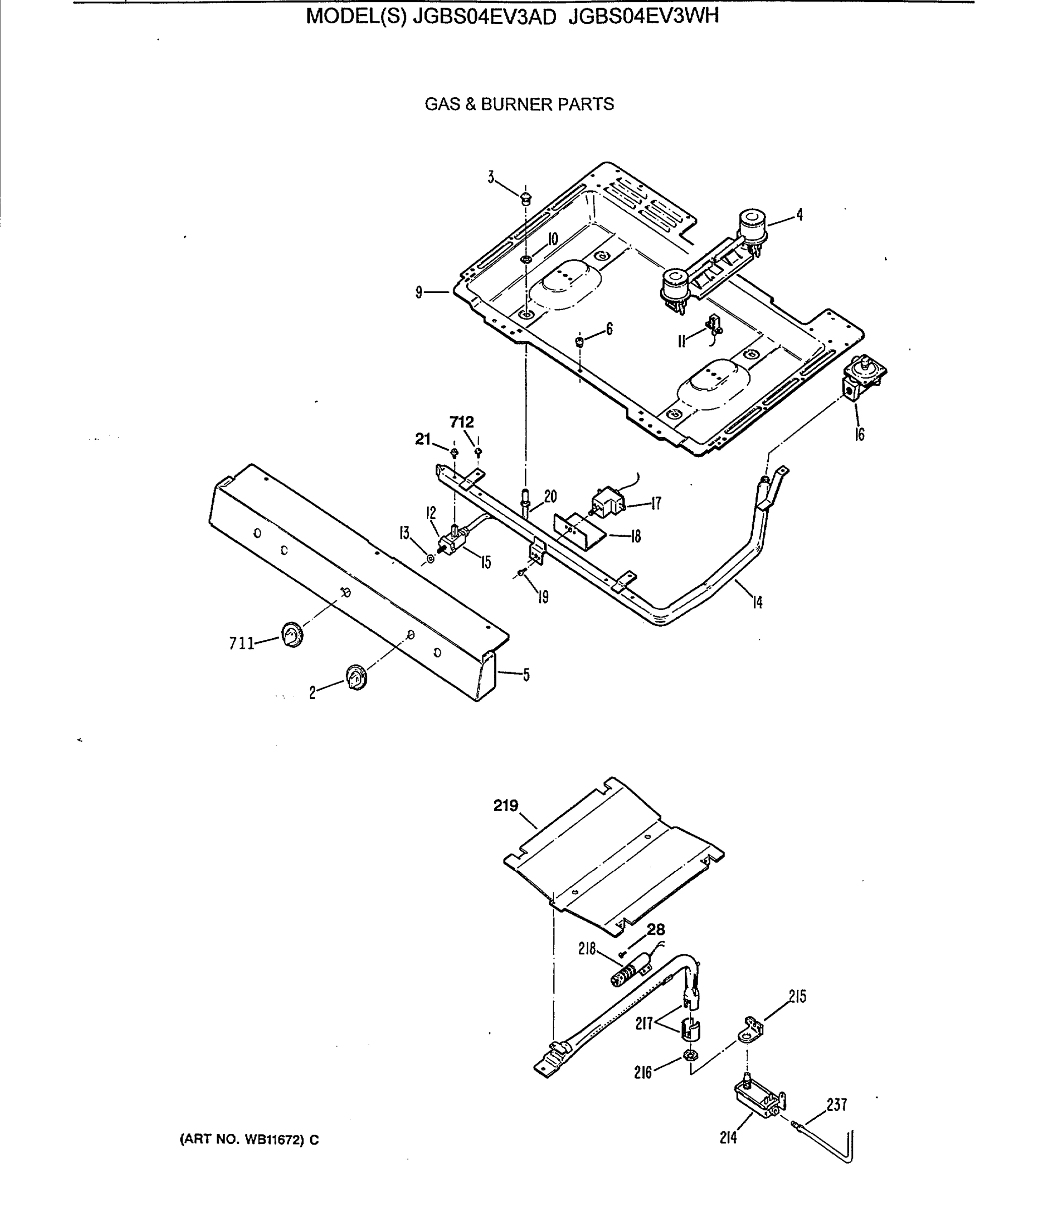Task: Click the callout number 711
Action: tap(241, 644)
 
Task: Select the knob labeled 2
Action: tap(356, 677)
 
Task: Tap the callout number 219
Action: tap(506, 806)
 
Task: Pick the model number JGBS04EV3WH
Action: tap(643, 17)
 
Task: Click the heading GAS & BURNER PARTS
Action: tap(519, 104)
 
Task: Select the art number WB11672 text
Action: tap(249, 1139)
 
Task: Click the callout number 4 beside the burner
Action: tap(799, 215)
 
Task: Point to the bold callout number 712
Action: tap(462, 422)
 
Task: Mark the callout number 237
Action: tap(837, 1105)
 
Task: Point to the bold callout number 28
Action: tap(656, 929)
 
